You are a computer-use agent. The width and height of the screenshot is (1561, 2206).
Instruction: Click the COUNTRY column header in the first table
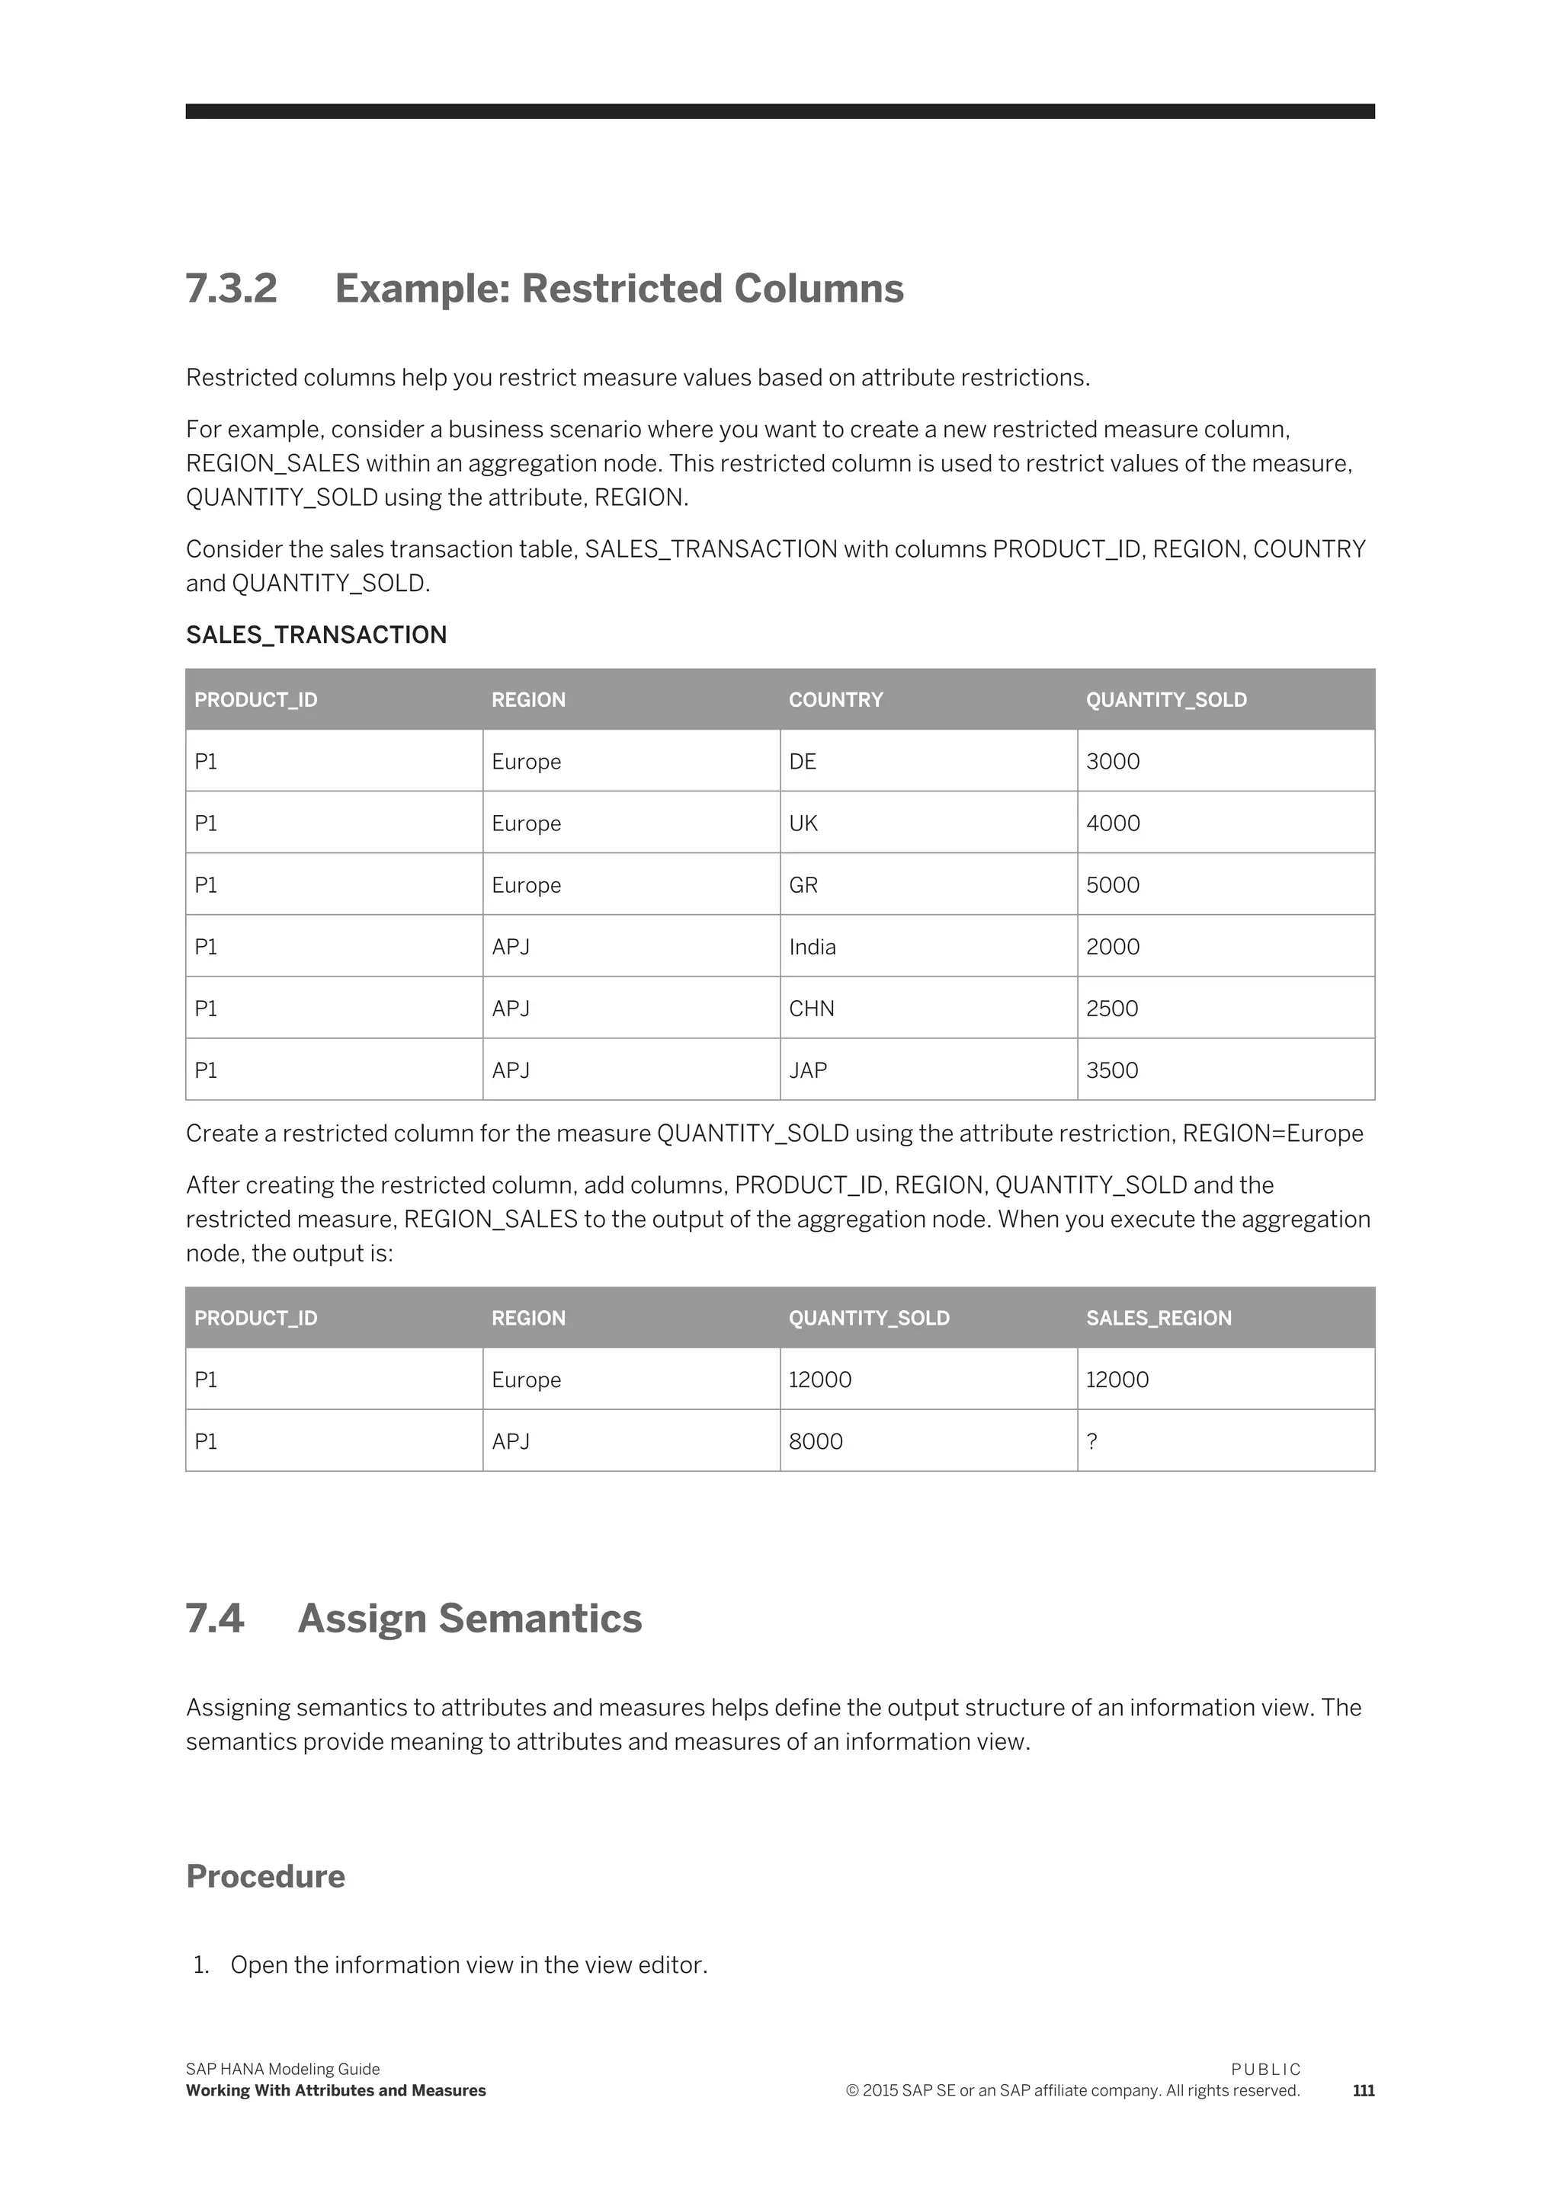[835, 699]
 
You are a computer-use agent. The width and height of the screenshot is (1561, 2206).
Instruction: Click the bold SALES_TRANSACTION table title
[316, 635]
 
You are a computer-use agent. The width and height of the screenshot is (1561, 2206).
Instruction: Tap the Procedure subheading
[265, 1876]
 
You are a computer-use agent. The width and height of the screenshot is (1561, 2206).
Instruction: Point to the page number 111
[1362, 2091]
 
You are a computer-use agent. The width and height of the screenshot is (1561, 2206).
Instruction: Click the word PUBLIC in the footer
[1265, 2070]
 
